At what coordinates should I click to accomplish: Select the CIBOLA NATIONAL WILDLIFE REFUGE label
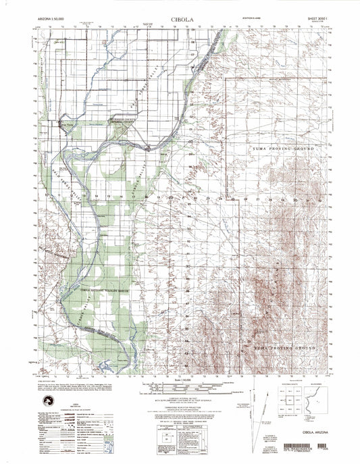point(100,290)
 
